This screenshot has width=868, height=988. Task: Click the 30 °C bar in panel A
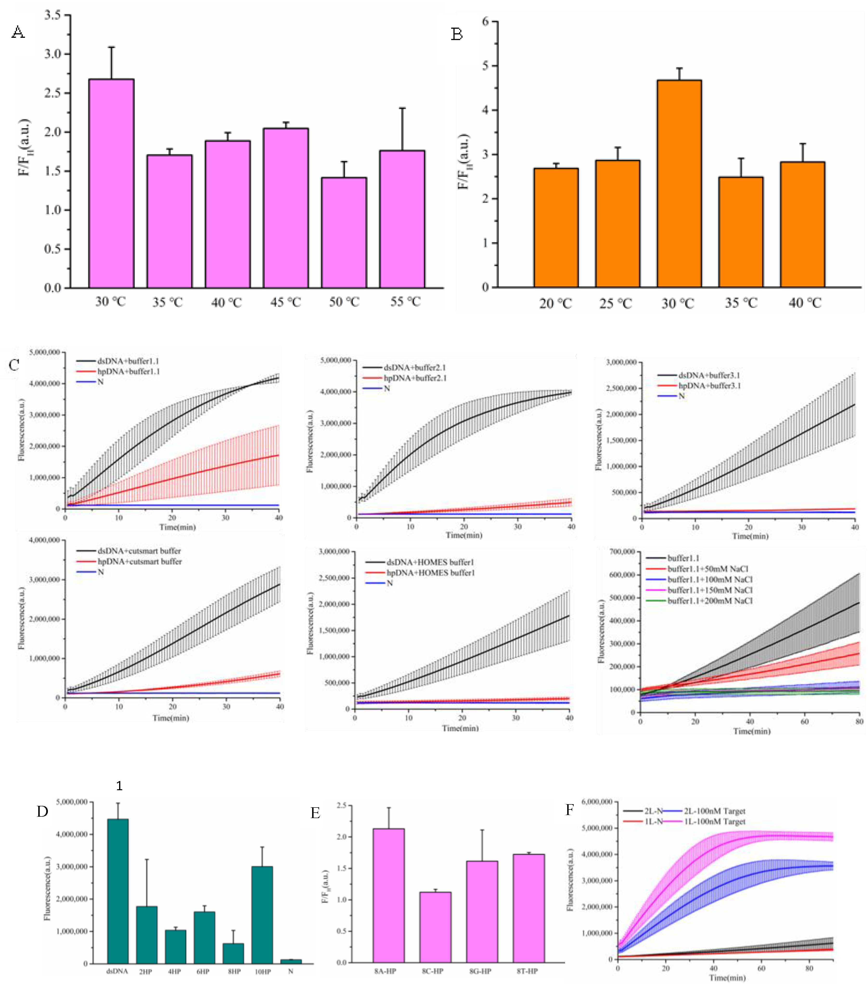(111, 184)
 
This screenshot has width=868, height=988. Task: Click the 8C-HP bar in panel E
(435, 927)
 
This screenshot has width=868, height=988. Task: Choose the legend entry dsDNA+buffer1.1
(128, 361)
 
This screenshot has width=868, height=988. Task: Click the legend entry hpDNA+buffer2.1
(415, 378)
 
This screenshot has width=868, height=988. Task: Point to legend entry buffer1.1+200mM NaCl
(709, 601)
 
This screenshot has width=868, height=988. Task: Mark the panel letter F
(570, 810)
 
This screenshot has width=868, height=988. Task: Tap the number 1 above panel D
(119, 786)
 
